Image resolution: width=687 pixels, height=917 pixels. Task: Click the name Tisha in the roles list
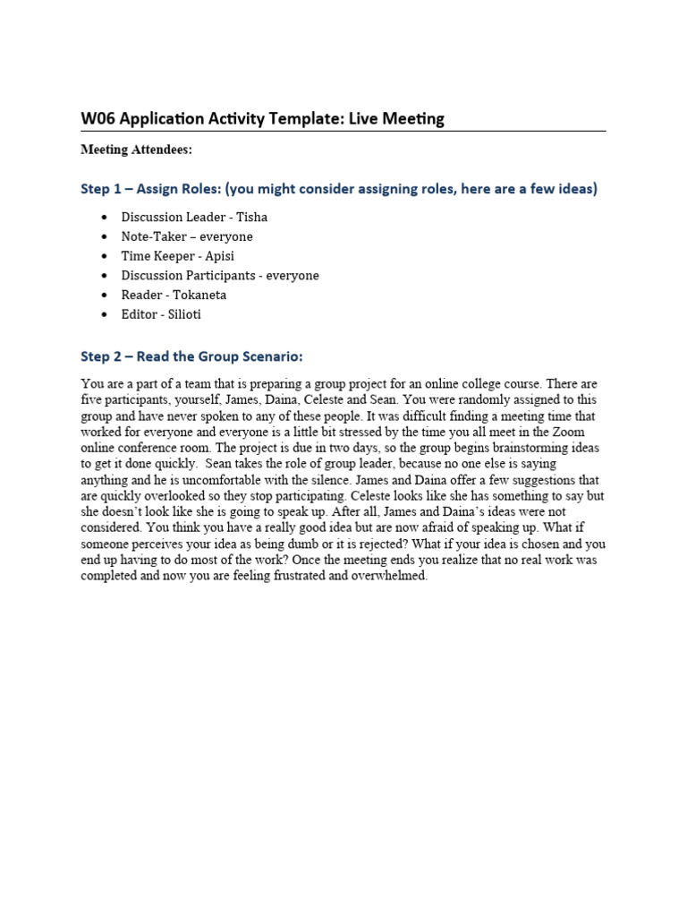(x=251, y=217)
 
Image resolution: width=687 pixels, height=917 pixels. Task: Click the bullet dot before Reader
(x=105, y=296)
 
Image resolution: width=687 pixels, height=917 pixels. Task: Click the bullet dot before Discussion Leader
(x=105, y=218)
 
